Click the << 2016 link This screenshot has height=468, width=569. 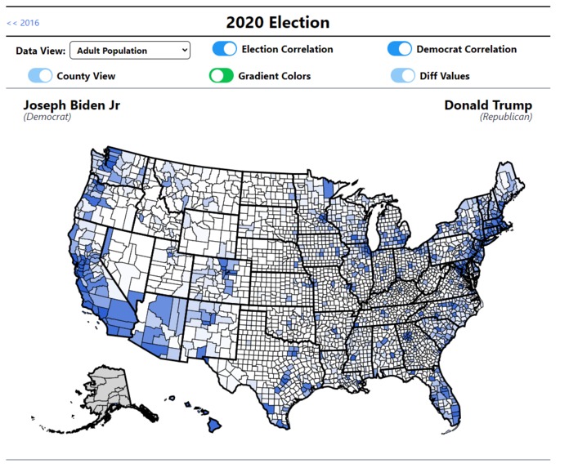pyautogui.click(x=23, y=23)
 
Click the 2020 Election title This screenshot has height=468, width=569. pyautogui.click(x=277, y=22)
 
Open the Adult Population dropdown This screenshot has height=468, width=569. pyautogui.click(x=130, y=51)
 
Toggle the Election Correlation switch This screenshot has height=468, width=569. pyautogui.click(x=224, y=49)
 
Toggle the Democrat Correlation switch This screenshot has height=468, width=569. pyautogui.click(x=400, y=49)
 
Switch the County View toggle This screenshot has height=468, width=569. pyautogui.click(x=40, y=76)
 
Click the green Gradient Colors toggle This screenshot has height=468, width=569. pyautogui.click(x=221, y=76)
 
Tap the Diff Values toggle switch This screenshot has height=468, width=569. pyautogui.click(x=403, y=76)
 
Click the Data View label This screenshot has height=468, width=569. pyautogui.click(x=40, y=51)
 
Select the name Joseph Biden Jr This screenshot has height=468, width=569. pyautogui.click(x=71, y=105)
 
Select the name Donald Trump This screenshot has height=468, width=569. pyautogui.click(x=488, y=105)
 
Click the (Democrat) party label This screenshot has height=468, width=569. pyautogui.click(x=47, y=117)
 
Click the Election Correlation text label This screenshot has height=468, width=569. pyautogui.click(x=287, y=49)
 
